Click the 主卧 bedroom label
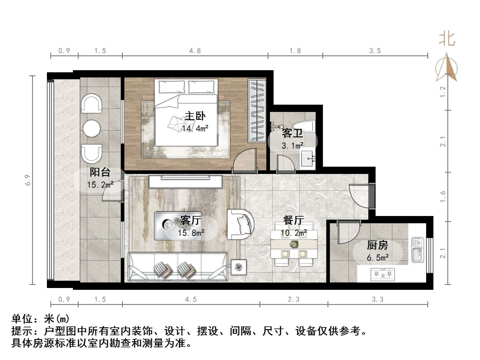pyautogui.click(x=195, y=116)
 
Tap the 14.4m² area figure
pyautogui.click(x=195, y=128)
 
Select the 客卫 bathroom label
pyautogui.click(x=292, y=133)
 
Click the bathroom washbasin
pyautogui.click(x=307, y=159)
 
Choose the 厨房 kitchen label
pyautogui.click(x=377, y=245)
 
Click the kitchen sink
pyautogui.click(x=418, y=250)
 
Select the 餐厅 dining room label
pyautogui.click(x=293, y=220)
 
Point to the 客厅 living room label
pyautogui.click(x=190, y=220)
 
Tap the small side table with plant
pyautogui.click(x=239, y=267)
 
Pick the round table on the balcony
pyautogui.click(x=91, y=128)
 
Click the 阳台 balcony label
pyautogui.click(x=100, y=172)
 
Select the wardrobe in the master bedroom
pyautogui.click(x=257, y=111)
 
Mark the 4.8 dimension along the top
pyautogui.click(x=195, y=51)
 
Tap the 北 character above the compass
pyautogui.click(x=447, y=39)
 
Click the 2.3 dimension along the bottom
pyautogui.click(x=293, y=299)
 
